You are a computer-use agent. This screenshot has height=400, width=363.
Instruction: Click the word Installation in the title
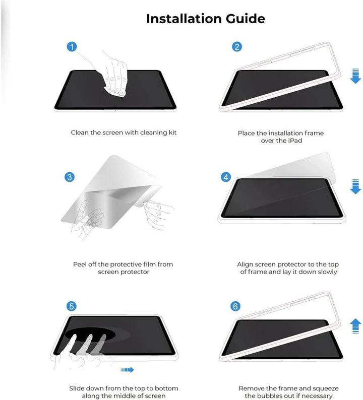[184, 19]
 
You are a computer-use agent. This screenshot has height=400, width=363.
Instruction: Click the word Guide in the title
[246, 19]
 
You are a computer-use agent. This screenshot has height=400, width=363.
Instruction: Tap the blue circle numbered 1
[72, 47]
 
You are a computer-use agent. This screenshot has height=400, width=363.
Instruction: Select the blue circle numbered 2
[237, 47]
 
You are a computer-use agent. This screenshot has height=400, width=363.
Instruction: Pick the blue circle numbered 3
[70, 177]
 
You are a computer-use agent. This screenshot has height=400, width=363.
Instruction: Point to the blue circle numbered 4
[226, 177]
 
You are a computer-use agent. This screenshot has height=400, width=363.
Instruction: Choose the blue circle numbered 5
[72, 306]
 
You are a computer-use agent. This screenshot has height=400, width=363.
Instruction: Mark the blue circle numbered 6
[235, 306]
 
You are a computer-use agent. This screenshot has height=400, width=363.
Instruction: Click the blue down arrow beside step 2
[355, 76]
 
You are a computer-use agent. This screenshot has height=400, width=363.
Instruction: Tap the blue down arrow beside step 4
[355, 186]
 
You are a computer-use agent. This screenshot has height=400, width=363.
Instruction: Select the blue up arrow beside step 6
[355, 326]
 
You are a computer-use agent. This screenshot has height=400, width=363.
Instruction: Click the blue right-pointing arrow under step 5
[127, 370]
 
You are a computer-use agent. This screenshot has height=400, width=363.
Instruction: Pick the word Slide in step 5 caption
[77, 388]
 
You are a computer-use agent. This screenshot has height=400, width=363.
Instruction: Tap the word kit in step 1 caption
[172, 132]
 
